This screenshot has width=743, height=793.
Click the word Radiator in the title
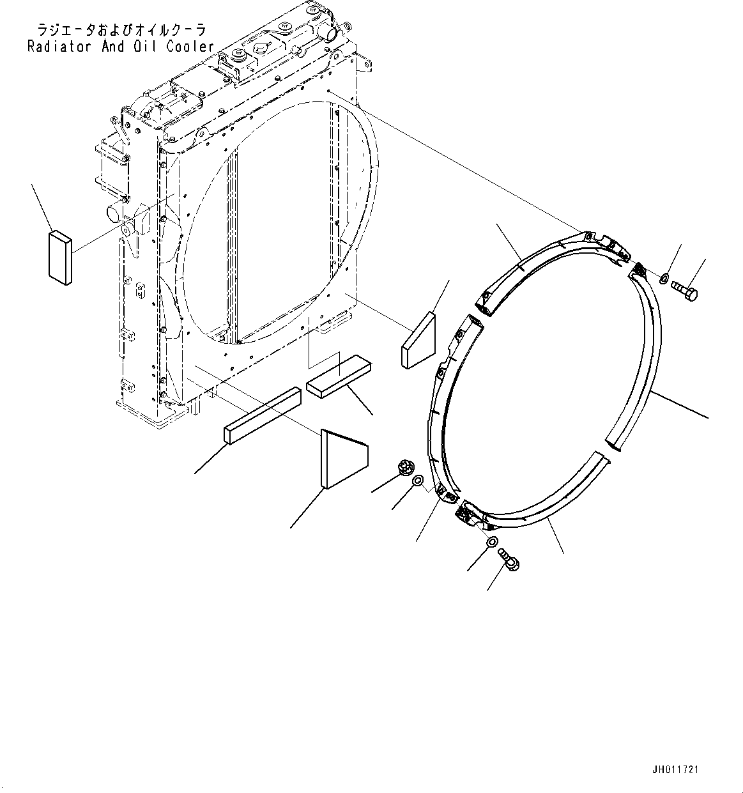[x=59, y=46]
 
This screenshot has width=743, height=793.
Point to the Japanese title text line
[x=113, y=30]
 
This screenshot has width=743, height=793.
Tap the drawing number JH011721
[x=675, y=769]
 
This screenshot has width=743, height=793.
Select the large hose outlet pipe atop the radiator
[x=326, y=30]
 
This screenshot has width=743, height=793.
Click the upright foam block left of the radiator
[x=59, y=256]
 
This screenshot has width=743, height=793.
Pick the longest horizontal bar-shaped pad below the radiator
[x=262, y=415]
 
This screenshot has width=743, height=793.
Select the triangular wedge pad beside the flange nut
[x=343, y=458]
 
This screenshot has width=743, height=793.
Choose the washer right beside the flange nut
[x=417, y=481]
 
